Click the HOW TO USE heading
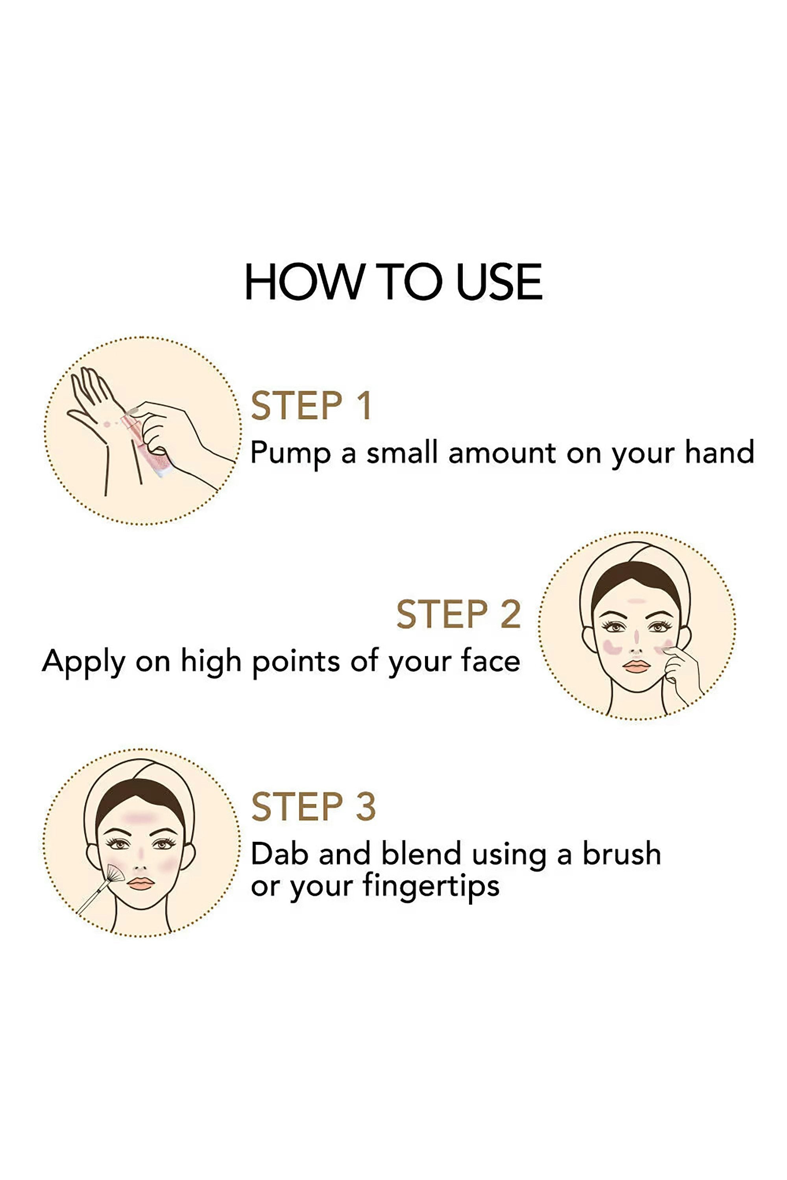pyautogui.click(x=393, y=282)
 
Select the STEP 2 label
pyautogui.click(x=459, y=614)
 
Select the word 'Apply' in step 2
pyautogui.click(x=83, y=662)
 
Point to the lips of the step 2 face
pyautogui.click(x=636, y=666)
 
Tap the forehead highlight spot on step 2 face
pyautogui.click(x=636, y=601)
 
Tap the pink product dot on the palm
pyautogui.click(x=106, y=424)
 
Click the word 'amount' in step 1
pyautogui.click(x=502, y=453)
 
